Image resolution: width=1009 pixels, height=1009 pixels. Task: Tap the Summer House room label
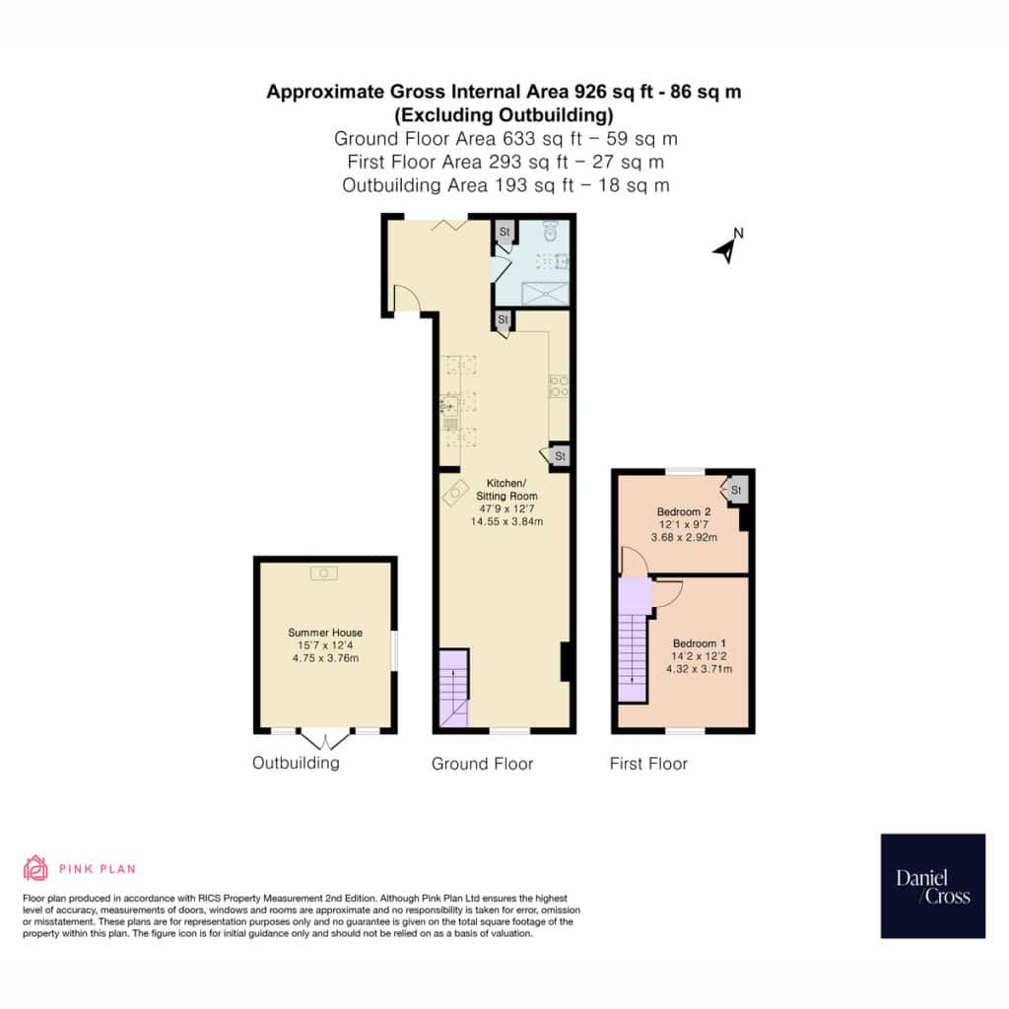click(x=325, y=633)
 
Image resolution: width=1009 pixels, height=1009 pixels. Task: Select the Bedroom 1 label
click(x=699, y=643)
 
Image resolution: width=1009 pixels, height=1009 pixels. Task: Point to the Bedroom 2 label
click(x=684, y=511)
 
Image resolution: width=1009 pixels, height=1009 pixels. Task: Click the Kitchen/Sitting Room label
click(x=506, y=489)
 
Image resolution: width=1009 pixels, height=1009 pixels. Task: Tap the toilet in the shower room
click(x=550, y=231)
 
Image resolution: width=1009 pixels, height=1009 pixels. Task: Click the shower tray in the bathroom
click(x=545, y=294)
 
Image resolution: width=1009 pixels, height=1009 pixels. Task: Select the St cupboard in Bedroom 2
click(x=736, y=490)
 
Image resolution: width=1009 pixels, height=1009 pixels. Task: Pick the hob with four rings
click(x=558, y=386)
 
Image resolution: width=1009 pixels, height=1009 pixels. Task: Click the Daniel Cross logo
click(x=932, y=886)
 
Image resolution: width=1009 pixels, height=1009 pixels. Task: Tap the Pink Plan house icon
click(x=35, y=868)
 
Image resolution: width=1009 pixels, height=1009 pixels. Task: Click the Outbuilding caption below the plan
click(x=296, y=763)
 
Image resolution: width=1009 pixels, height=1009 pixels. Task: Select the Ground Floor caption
click(x=482, y=764)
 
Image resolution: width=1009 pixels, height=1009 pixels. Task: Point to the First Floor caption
click(x=648, y=764)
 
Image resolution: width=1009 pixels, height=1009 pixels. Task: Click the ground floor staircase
click(x=453, y=689)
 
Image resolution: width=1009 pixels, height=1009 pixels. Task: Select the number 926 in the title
click(x=590, y=92)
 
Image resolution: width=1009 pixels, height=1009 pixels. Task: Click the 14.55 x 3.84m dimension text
click(x=506, y=521)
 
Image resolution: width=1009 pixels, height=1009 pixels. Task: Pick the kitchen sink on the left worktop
click(x=449, y=405)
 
